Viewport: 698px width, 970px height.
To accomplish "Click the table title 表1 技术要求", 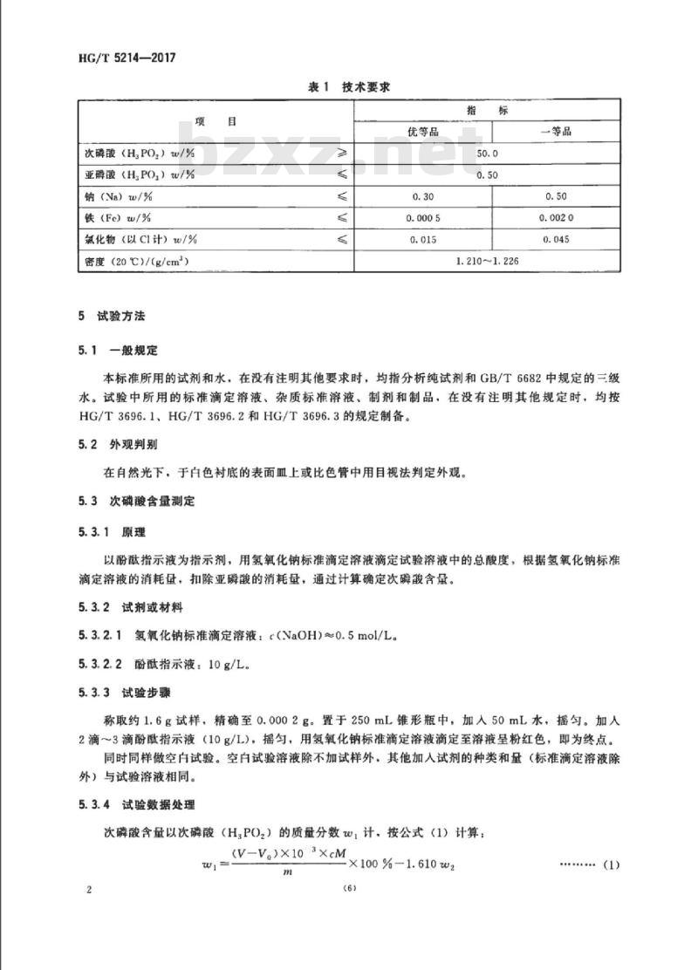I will click(x=348, y=86).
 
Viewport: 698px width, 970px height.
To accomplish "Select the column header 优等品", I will click(x=422, y=132).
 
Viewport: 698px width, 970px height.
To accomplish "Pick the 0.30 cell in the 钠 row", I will click(x=422, y=196).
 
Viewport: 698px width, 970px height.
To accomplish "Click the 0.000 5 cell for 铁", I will click(x=422, y=217).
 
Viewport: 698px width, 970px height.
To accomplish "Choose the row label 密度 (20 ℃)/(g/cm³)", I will click(x=135, y=260).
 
